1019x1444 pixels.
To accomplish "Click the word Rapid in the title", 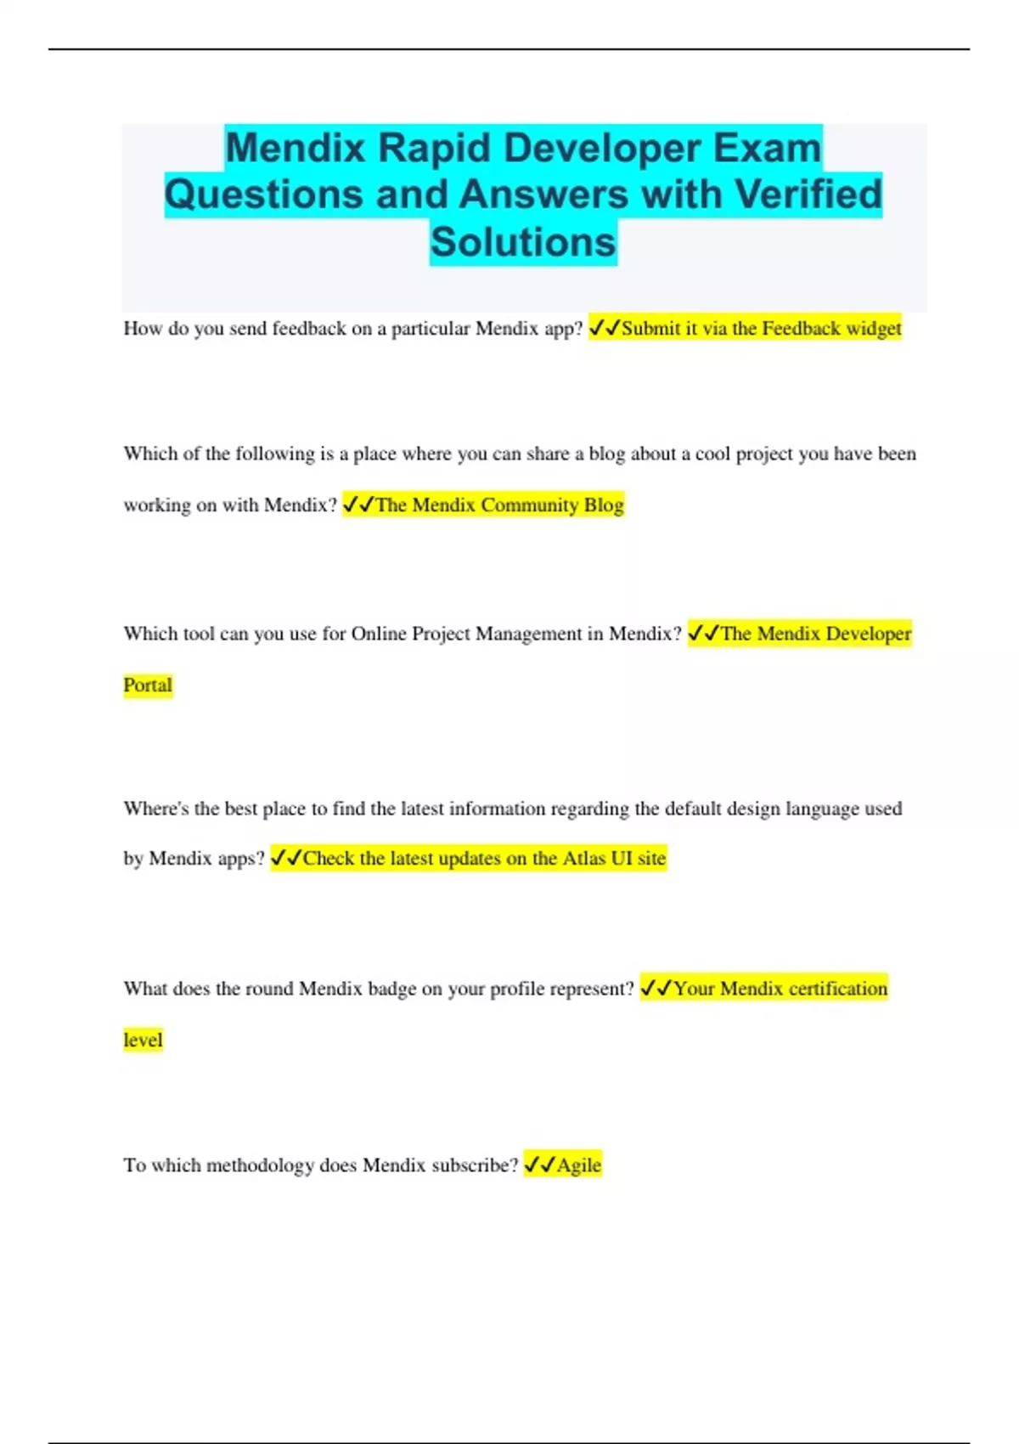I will tap(434, 148).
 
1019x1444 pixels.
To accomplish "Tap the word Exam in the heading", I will tap(767, 148).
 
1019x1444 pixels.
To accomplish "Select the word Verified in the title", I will tap(808, 195).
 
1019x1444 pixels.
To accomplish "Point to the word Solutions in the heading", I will tap(523, 242).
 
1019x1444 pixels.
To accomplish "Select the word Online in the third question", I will tap(378, 634).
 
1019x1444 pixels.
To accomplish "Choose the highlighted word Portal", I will tap(148, 685).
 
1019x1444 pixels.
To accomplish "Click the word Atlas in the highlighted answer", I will tap(583, 859).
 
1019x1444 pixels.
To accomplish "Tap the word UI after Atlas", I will tap(622, 859).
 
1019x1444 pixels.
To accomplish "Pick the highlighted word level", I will tap(143, 1041).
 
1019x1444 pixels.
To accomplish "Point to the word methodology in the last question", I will tap(260, 1165).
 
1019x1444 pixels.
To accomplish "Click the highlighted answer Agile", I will tap(578, 1165).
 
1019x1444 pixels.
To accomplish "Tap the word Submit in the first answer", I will tap(650, 329).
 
